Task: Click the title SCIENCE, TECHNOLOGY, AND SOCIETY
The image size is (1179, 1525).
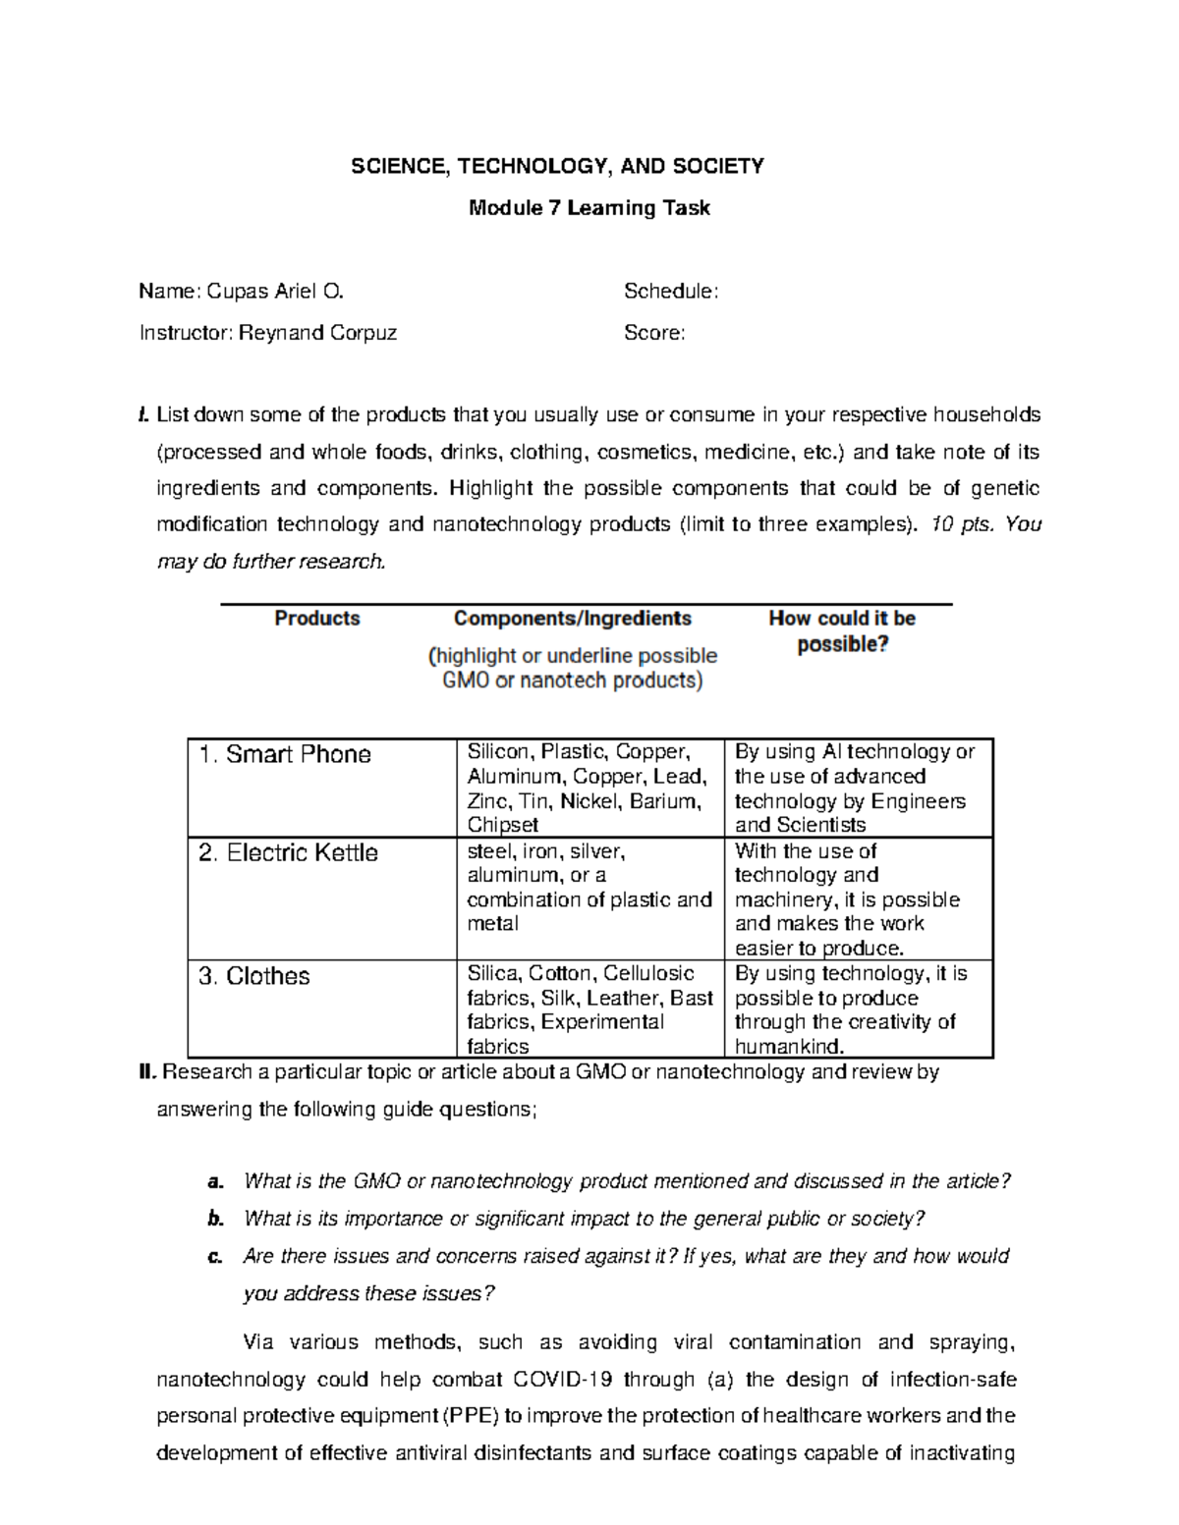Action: coord(558,166)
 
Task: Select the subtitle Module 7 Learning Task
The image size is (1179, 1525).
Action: coord(589,208)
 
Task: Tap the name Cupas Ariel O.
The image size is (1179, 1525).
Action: coord(275,291)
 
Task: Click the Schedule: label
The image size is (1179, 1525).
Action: coord(671,291)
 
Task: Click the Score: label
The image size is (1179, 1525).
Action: coord(654,333)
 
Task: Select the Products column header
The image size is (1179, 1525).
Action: coord(316,619)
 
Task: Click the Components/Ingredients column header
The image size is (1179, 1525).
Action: coord(572,619)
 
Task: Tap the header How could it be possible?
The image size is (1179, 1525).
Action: coord(842,630)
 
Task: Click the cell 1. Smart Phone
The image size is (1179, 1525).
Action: coord(285,755)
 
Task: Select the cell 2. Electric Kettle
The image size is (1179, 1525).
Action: coord(288,853)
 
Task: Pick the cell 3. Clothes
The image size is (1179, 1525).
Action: coord(254,977)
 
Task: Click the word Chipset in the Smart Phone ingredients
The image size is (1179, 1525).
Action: coord(502,826)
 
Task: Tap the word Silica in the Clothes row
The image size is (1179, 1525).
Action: coord(492,974)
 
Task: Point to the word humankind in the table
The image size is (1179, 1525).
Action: coord(788,1047)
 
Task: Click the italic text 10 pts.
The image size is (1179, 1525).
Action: coord(961,524)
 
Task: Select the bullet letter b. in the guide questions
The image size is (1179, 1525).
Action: coord(216,1220)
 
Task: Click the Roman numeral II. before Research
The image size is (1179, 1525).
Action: coord(147,1072)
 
